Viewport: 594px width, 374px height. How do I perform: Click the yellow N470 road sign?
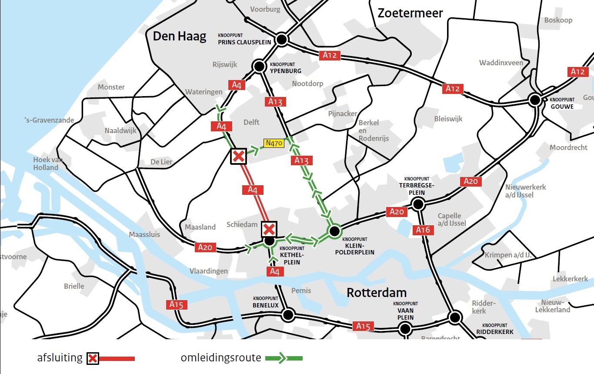pyautogui.click(x=274, y=143)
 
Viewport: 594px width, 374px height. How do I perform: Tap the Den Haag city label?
pyautogui.click(x=179, y=36)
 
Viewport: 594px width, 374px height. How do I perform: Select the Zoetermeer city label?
pyautogui.click(x=410, y=13)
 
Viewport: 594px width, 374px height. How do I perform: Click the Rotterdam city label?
pyautogui.click(x=376, y=293)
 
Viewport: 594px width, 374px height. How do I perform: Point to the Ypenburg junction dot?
pyautogui.click(x=259, y=67)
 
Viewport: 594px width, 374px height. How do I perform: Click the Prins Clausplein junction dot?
pyautogui.click(x=281, y=40)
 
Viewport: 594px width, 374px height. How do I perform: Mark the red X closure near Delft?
pyautogui.click(x=238, y=156)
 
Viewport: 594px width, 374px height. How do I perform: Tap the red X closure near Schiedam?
pyautogui.click(x=269, y=229)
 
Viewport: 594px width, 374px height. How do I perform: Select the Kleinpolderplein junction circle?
pyautogui.click(x=334, y=231)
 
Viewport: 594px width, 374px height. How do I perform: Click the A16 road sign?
pyautogui.click(x=422, y=230)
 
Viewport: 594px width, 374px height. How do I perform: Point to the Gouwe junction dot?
pyautogui.click(x=535, y=100)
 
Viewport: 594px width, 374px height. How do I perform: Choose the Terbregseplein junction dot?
pyautogui.click(x=418, y=204)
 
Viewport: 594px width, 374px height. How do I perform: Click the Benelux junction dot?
pyautogui.click(x=287, y=314)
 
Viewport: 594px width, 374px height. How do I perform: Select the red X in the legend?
pyautogui.click(x=92, y=359)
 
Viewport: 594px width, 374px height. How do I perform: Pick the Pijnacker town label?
pyautogui.click(x=343, y=114)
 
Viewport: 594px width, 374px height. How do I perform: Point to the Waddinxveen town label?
pyautogui.click(x=501, y=63)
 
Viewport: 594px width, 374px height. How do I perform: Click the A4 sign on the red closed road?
pyautogui.click(x=253, y=190)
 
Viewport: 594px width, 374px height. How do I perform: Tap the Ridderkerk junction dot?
pyautogui.click(x=455, y=317)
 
